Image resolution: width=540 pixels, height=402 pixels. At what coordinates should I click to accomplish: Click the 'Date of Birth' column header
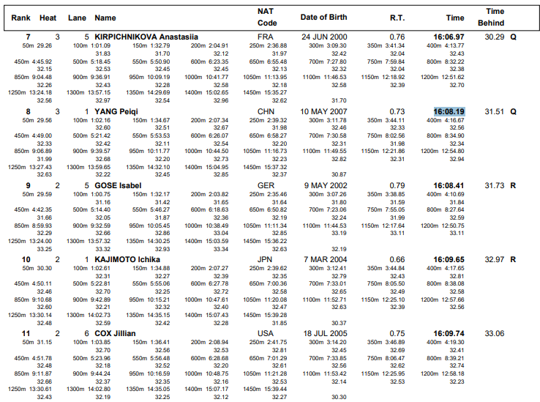[x=323, y=18]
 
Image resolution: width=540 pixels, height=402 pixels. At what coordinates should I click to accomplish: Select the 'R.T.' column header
[x=397, y=18]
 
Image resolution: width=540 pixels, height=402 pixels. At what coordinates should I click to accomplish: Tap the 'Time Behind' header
[x=491, y=18]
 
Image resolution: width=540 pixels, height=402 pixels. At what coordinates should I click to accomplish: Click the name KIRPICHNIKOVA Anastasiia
[x=146, y=37]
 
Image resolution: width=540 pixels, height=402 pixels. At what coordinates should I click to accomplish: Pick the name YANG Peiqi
[x=116, y=112]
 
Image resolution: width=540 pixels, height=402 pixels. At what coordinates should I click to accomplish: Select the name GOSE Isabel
[x=118, y=185]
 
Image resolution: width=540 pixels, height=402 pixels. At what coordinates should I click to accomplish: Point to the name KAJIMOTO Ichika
[x=127, y=259]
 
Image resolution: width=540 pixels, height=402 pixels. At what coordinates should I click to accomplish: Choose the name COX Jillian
[x=115, y=333]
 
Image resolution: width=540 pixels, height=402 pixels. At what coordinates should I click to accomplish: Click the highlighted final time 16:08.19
[x=449, y=112]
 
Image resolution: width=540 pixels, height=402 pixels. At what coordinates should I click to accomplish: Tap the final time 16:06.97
[x=449, y=37]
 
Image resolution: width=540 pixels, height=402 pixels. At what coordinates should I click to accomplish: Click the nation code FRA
[x=265, y=37]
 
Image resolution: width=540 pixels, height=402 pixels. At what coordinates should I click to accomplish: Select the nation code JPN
[x=265, y=259]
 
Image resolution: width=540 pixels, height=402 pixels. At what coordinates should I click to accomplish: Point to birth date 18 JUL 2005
[x=325, y=333]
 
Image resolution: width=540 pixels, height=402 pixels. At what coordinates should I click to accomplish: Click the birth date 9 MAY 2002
[x=326, y=185]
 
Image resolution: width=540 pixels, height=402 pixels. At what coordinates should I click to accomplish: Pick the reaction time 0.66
[x=397, y=259]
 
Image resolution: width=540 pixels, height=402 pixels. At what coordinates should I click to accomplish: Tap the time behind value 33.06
[x=494, y=333]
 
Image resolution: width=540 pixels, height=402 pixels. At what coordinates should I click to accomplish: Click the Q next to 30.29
[x=513, y=37]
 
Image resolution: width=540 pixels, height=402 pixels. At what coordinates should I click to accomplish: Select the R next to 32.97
[x=513, y=259]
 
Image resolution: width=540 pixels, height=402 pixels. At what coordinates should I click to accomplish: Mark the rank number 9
[x=29, y=185]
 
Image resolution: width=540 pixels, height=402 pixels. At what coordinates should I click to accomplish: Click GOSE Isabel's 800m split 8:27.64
[x=446, y=209]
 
